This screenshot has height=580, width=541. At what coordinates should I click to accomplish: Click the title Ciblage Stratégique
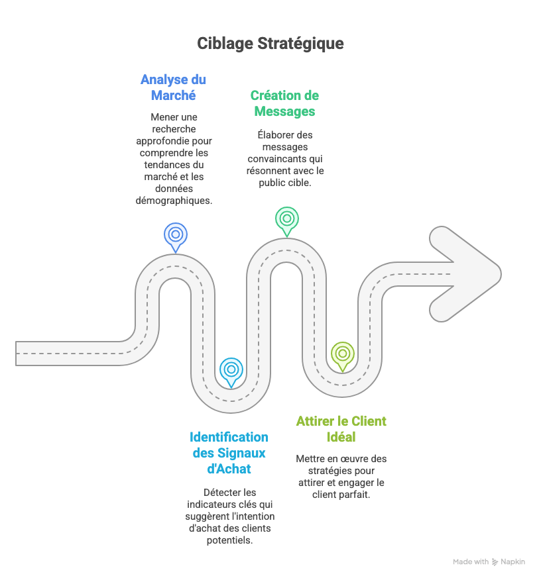tap(270, 44)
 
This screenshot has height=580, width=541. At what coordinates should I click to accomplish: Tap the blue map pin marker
tap(175, 235)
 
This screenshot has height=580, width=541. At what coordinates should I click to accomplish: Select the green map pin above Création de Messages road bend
tap(286, 219)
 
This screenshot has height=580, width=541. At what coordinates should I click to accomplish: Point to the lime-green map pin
tap(342, 354)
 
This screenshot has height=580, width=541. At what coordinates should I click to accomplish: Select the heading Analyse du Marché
tap(173, 87)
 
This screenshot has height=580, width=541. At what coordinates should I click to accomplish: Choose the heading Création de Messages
tap(284, 103)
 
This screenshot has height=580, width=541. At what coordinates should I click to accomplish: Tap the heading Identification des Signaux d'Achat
tap(229, 453)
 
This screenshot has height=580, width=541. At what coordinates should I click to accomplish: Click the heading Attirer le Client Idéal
tap(341, 429)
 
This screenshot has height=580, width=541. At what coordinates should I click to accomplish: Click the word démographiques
tap(174, 200)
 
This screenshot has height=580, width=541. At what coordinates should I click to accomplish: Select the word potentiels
tap(229, 540)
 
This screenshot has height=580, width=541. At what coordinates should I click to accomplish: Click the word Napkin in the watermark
tap(512, 561)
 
